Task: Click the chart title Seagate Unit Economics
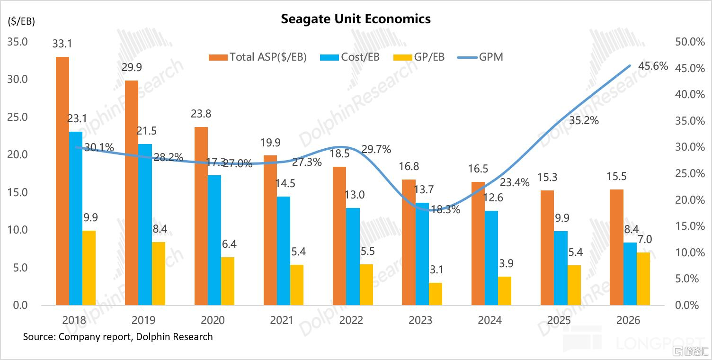356,19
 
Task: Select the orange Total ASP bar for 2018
62,181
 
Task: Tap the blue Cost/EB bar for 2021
283,251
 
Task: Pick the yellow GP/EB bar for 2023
435,294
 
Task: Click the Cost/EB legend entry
350,57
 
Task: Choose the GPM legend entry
480,57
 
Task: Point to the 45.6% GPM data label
653,66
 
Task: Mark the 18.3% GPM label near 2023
445,209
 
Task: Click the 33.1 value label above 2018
62,44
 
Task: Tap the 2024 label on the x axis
489,320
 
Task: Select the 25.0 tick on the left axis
18,117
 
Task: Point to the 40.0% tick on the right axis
690,94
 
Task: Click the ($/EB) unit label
21,21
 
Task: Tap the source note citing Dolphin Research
118,336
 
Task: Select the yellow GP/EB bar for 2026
643,279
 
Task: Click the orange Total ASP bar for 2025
547,248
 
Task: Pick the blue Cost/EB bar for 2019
145,225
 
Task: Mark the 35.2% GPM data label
584,120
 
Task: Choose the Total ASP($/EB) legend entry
258,57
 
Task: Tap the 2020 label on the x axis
213,320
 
